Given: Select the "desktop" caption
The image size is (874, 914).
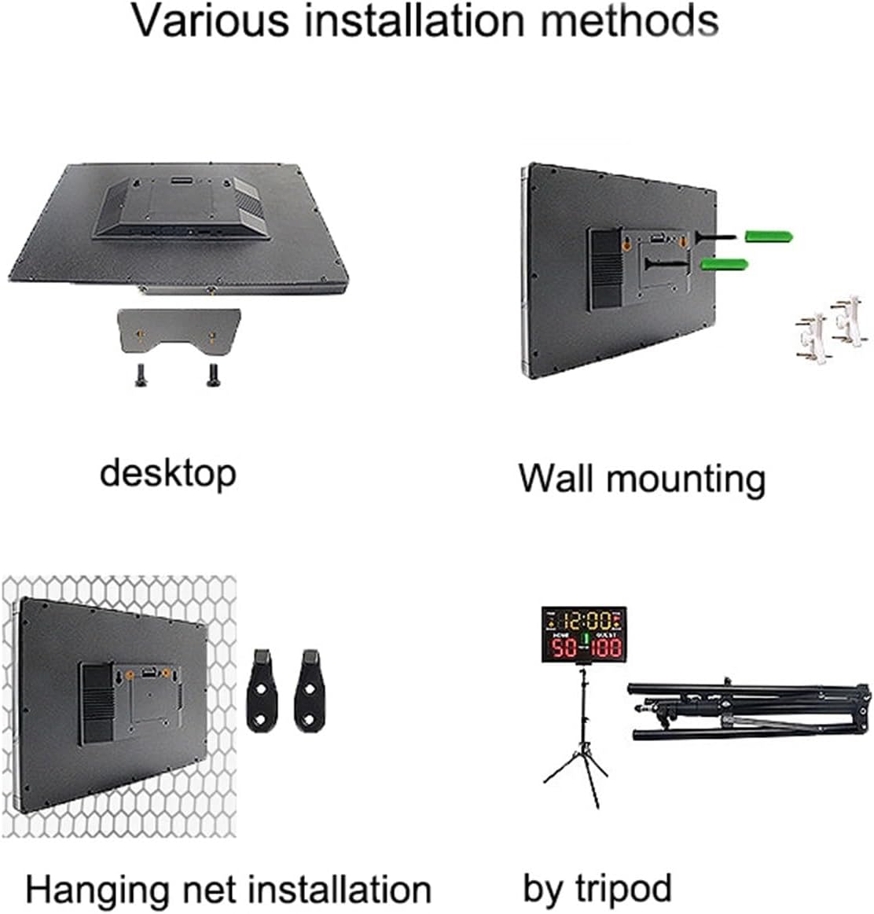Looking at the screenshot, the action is [167, 474].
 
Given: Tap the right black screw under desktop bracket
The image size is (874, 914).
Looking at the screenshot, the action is [211, 376].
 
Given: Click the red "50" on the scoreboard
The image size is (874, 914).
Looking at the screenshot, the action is [564, 648].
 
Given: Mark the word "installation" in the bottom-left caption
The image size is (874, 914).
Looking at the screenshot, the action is [340, 890].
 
